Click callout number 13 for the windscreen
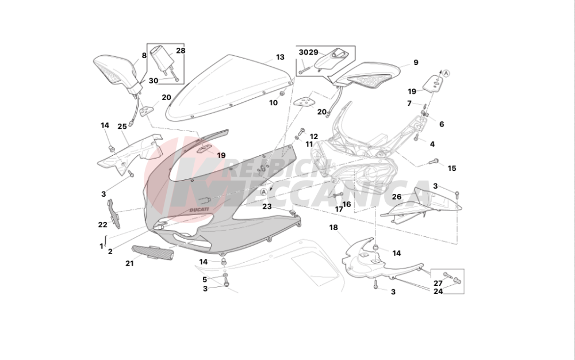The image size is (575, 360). point(280,58)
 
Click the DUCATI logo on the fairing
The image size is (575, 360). point(199,210)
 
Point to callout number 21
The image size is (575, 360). point(129,263)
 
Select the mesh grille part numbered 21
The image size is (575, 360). point(152,252)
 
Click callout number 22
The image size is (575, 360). point(102,225)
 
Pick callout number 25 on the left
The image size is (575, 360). point(122,127)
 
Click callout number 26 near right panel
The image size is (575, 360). point(397,197)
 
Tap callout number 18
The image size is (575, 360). point(333,227)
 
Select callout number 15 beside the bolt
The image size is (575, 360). point(452,168)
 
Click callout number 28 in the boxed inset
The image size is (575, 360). point(181,51)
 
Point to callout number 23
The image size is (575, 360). point(267,206)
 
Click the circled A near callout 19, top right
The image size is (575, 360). point(446,73)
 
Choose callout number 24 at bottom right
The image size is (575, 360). point(438,291)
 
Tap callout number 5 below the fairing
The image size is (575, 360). point(204,279)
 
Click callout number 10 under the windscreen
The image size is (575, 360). point(274,103)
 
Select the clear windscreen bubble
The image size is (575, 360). point(230,86)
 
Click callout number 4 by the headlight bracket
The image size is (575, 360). point(432,144)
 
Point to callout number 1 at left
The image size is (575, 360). point(101,246)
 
